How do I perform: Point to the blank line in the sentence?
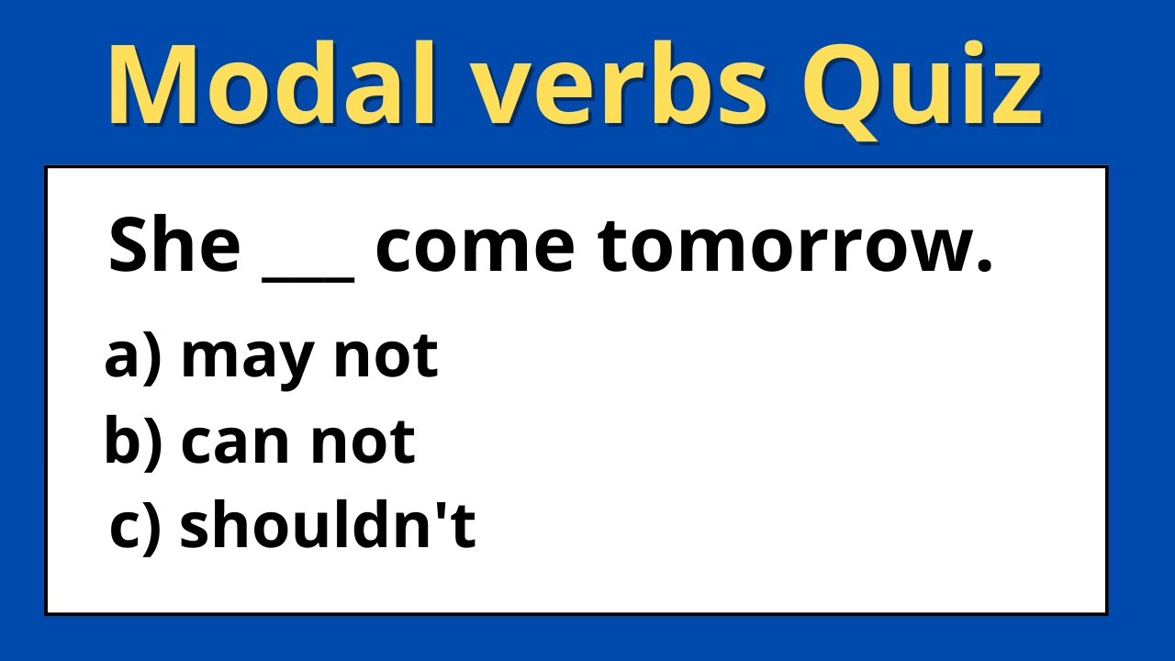[x=308, y=274]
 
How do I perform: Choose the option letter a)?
[x=133, y=355]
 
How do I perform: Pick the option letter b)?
[x=133, y=441]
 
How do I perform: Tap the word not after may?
[x=385, y=355]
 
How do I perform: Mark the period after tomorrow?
[x=985, y=268]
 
